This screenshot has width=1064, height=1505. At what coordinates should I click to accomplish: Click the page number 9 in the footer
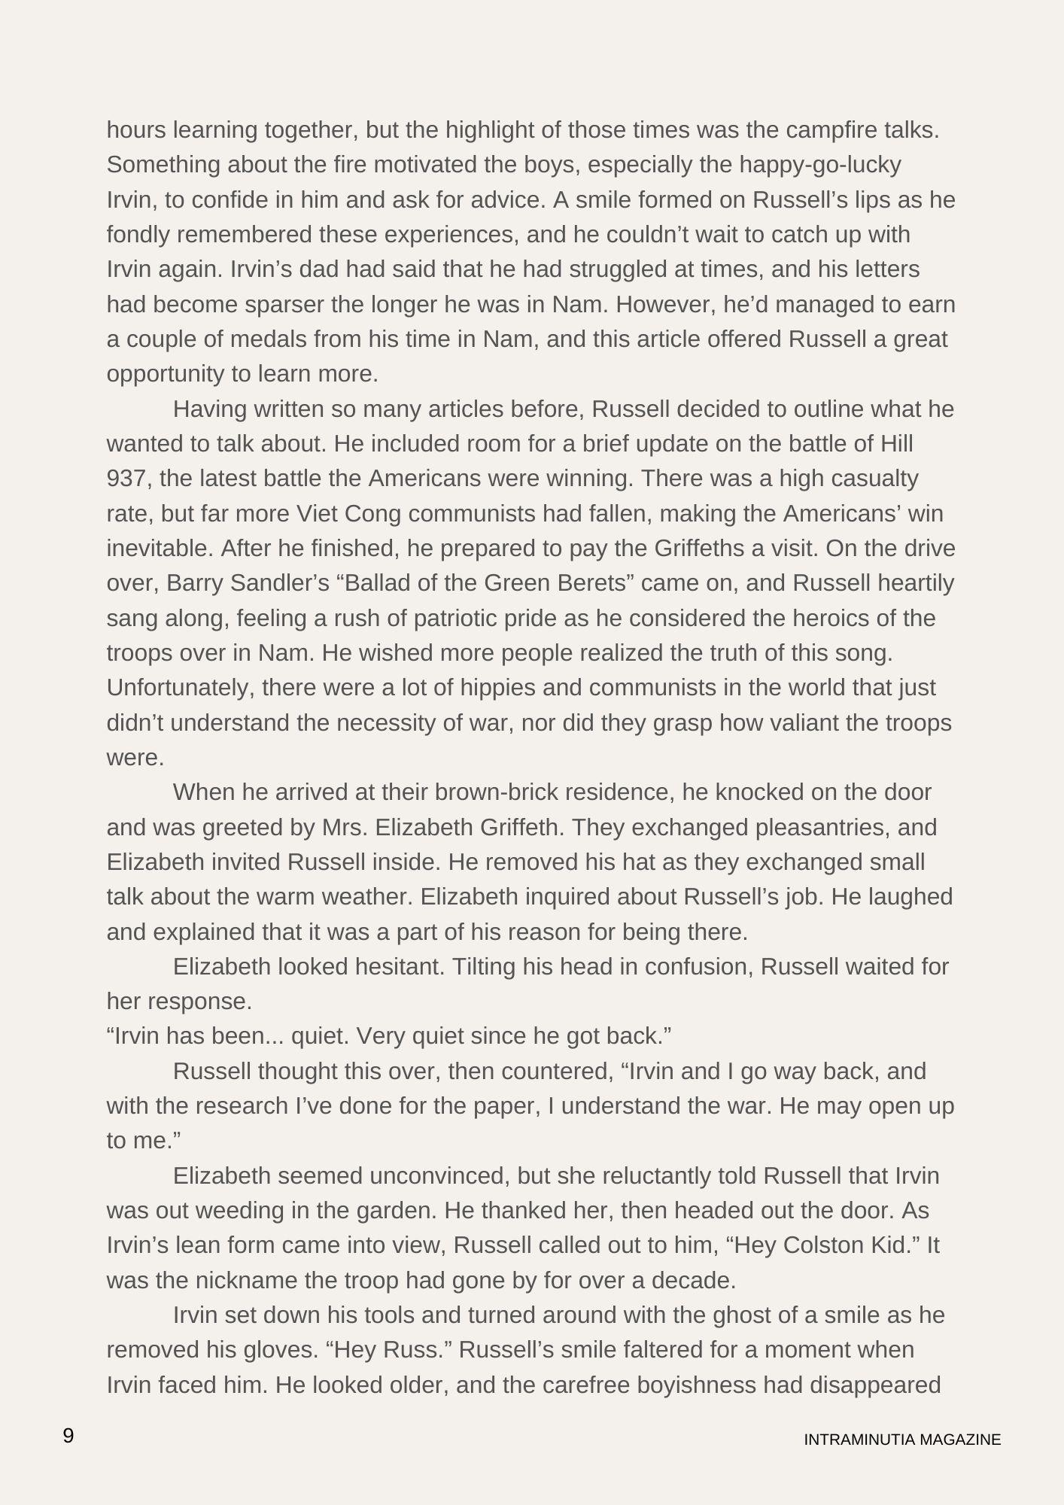(x=68, y=1436)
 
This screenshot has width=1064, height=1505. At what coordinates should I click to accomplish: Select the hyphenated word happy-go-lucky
(x=819, y=165)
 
